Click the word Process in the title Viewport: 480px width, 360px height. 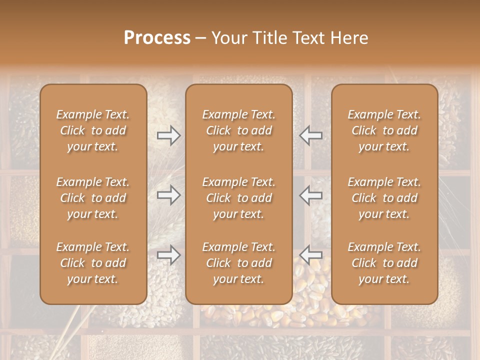point(157,38)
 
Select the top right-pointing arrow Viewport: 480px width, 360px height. point(168,135)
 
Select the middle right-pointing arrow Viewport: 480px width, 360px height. point(168,195)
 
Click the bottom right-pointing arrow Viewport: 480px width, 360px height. point(168,255)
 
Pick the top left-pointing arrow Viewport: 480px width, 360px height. point(311,135)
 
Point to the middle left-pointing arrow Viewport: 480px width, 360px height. point(311,195)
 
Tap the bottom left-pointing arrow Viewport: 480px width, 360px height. point(311,255)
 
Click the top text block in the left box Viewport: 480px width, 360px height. point(93,130)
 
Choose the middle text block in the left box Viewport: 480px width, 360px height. point(93,198)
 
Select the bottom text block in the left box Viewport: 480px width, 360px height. point(93,263)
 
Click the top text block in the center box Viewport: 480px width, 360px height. point(238,130)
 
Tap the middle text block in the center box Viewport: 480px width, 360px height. point(238,198)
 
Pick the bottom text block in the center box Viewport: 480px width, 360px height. point(238,263)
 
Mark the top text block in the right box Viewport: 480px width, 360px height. point(384,130)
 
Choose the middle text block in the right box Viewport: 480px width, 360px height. point(384,198)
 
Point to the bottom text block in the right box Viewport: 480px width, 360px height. point(384,263)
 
